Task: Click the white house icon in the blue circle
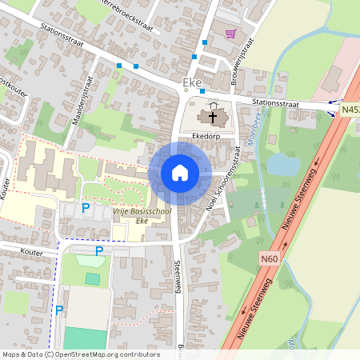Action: pos(179,173)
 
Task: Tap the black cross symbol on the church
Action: pos(214,118)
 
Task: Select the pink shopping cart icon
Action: pos(231,34)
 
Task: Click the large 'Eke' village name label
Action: pos(192,82)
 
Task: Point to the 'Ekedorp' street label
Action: pos(206,138)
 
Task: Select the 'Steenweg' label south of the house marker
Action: pos(176,277)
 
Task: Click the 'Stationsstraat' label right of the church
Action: pos(275,103)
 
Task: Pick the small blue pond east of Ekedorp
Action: pos(282,164)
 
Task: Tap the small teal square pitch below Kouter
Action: pos(94,278)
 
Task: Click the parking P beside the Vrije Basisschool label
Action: pos(86,208)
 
